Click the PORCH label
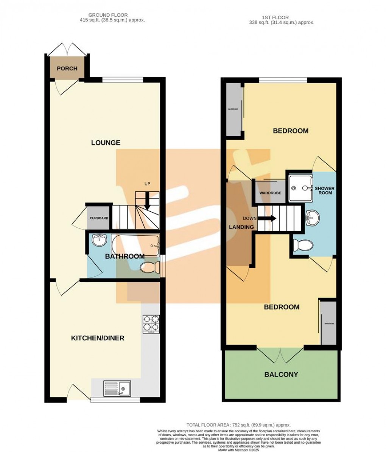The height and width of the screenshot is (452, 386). point(67,69)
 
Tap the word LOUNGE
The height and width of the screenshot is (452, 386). point(106,143)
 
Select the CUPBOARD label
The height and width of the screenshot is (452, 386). point(99,218)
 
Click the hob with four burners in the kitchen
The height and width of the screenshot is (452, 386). point(151,324)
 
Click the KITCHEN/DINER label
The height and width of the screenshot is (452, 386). point(98,338)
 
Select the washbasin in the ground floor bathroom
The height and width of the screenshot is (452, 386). point(100,240)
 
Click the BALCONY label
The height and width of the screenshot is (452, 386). point(281,374)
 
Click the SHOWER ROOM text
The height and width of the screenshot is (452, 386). point(325,190)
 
